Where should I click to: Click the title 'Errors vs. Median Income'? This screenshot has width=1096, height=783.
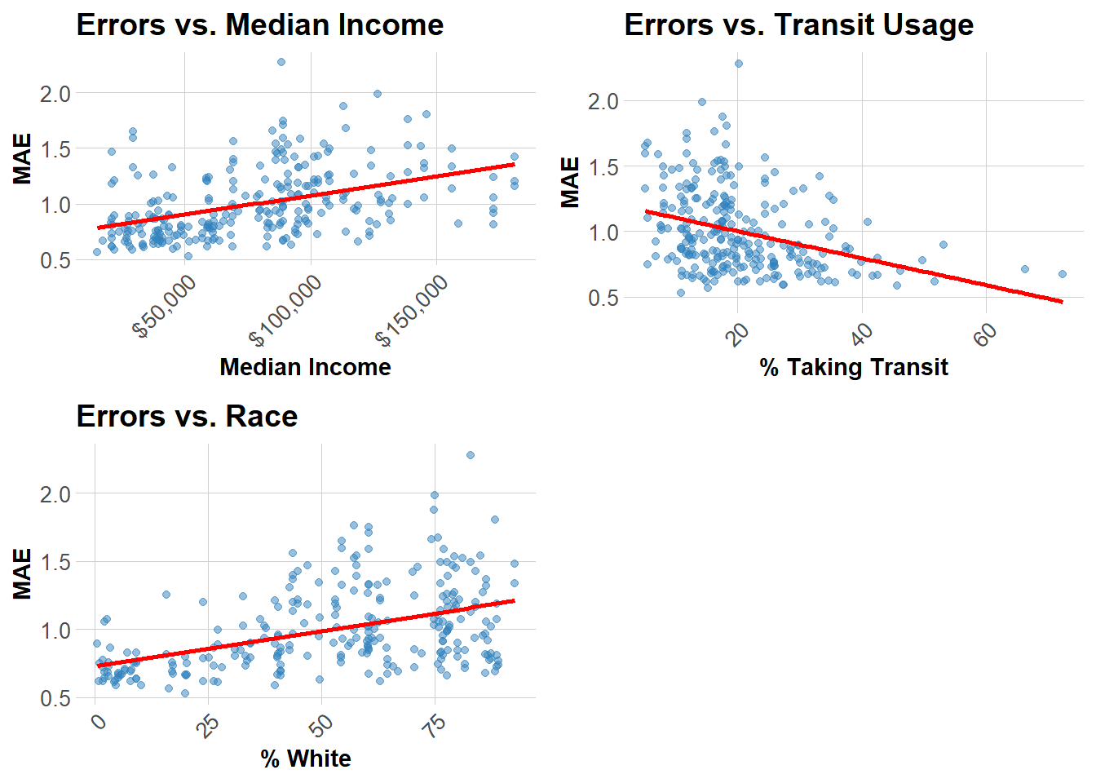259,25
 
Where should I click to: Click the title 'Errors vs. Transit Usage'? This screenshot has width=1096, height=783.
798,25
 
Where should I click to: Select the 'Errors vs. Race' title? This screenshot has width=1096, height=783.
187,417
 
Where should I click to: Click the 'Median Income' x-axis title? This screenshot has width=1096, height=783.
305,367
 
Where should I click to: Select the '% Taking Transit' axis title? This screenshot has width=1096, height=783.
854,367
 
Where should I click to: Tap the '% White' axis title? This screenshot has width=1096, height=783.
306,759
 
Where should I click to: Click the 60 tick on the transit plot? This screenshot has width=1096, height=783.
985,333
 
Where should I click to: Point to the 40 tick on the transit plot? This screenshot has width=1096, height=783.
862,333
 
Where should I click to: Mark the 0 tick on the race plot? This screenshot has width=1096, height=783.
98,722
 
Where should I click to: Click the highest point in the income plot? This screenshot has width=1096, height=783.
281,62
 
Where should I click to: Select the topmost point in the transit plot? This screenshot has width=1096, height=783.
739,64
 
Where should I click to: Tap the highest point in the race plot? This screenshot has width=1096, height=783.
471,455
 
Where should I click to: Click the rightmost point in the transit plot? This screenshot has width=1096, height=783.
1063,274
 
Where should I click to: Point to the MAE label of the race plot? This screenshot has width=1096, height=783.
22,573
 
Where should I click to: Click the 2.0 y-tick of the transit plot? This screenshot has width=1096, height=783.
603,101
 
